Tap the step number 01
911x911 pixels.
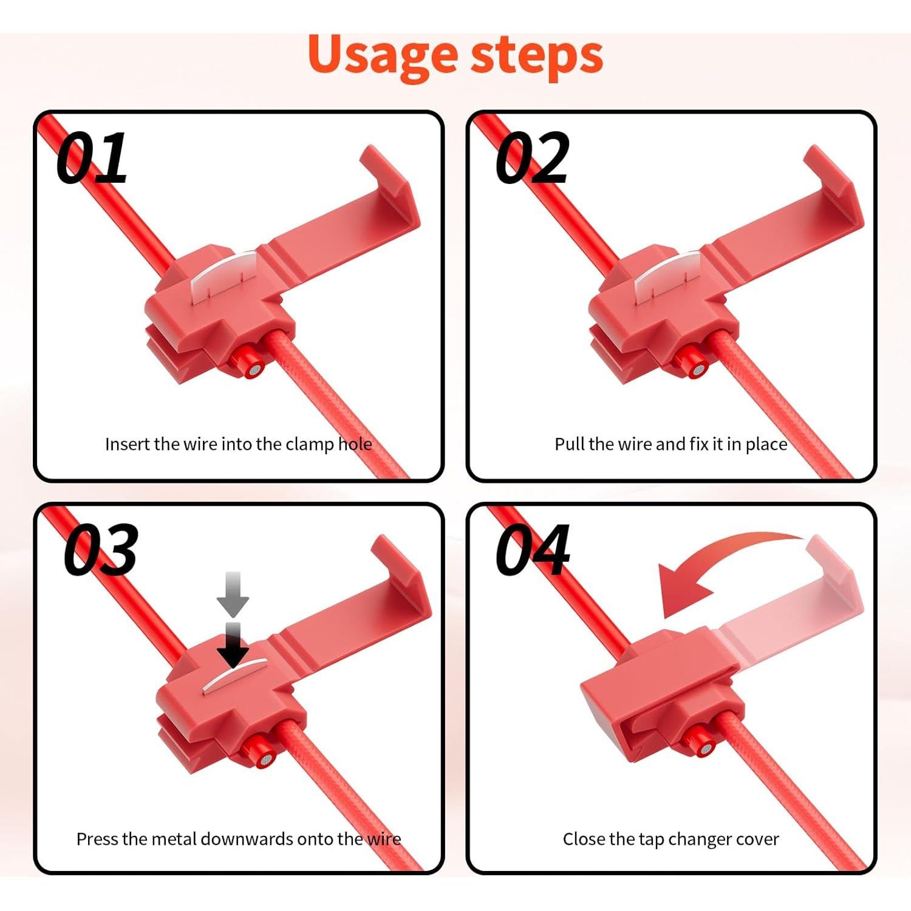(x=92, y=158)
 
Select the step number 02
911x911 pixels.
(x=533, y=158)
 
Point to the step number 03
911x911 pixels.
(x=101, y=550)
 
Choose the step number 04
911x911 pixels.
(x=533, y=550)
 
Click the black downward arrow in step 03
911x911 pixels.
(x=233, y=645)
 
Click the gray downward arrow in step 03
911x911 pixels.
(x=233, y=594)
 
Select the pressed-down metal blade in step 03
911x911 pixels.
(x=233, y=675)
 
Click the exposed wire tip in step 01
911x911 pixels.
(x=254, y=369)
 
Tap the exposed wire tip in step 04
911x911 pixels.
(x=705, y=749)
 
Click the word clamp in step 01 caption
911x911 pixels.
(x=310, y=445)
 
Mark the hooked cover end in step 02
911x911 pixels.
(x=833, y=186)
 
